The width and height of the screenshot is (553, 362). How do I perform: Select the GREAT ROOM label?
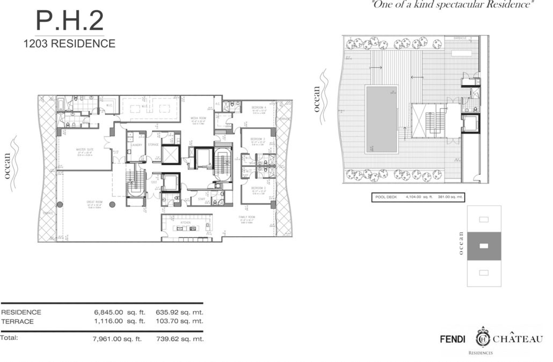95,202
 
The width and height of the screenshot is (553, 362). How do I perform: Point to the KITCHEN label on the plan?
185,222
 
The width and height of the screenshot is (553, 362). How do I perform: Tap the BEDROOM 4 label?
258,108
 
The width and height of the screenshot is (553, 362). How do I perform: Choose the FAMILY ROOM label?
248,217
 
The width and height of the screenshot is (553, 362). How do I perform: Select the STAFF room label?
202,198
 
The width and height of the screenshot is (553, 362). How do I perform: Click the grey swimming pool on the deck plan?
382,118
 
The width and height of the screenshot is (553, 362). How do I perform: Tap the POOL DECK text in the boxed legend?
385,197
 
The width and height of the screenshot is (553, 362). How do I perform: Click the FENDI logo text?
452,339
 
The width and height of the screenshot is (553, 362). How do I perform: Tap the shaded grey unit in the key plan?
484,246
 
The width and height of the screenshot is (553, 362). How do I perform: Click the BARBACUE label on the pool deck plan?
459,38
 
